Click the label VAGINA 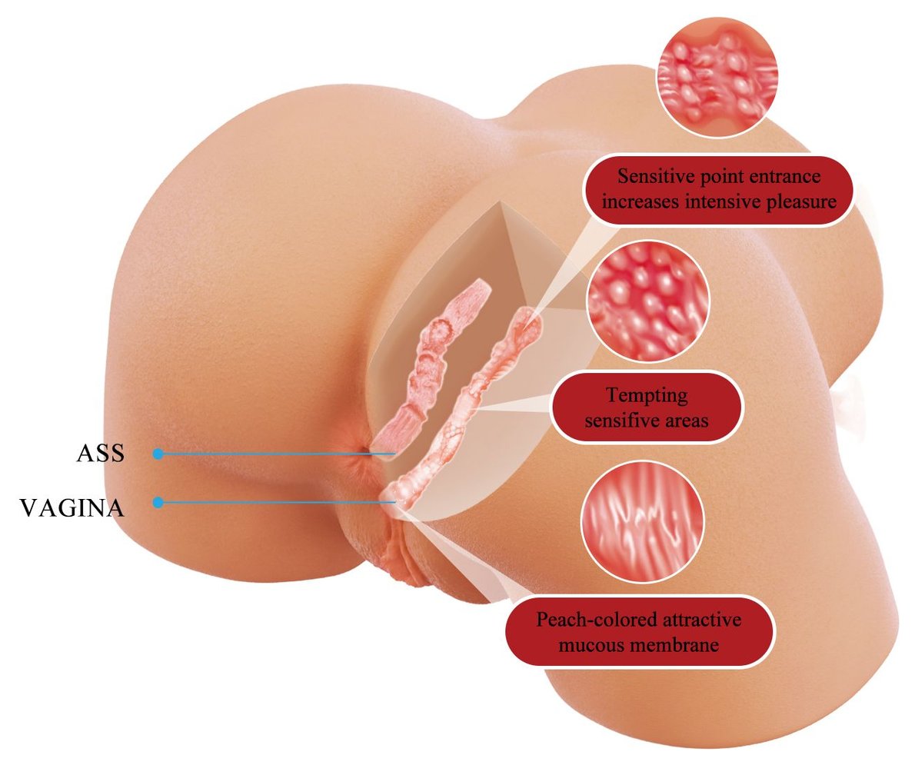click(x=72, y=507)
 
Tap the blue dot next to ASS click(x=158, y=454)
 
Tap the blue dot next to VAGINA click(x=158, y=503)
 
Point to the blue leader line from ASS click(x=277, y=454)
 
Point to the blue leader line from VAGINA click(x=277, y=503)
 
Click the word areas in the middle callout click(x=686, y=421)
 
